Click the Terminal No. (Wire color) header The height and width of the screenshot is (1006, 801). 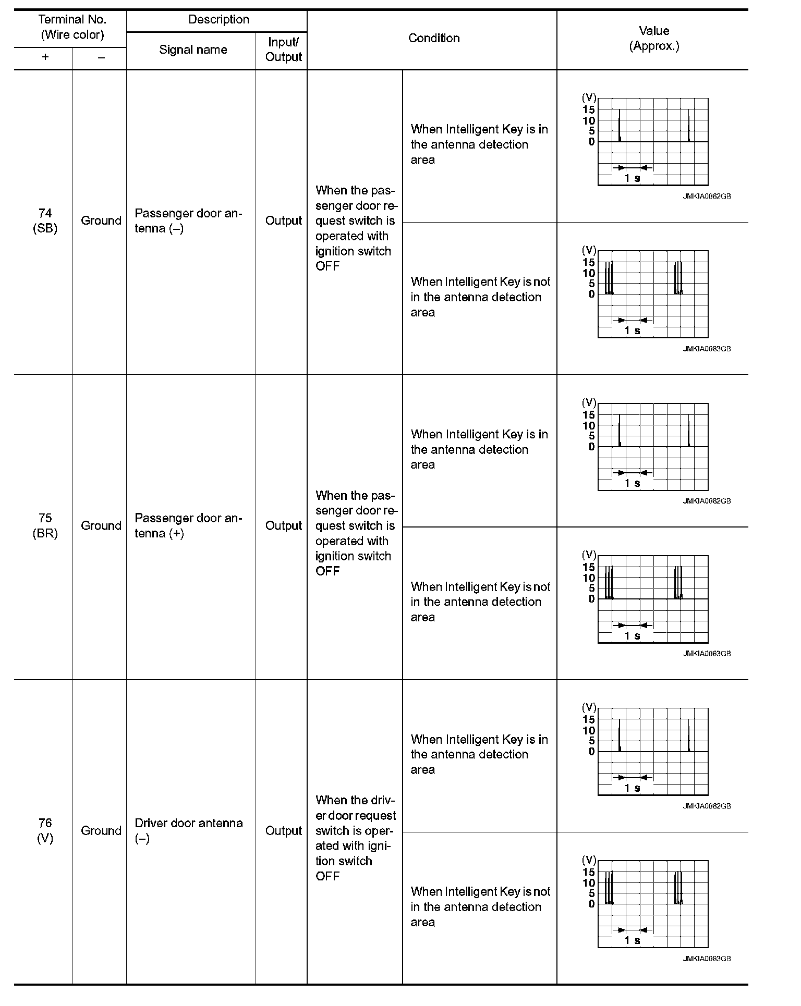tap(72, 27)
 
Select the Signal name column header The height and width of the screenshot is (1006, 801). tap(193, 50)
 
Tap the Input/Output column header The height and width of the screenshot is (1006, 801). tap(283, 50)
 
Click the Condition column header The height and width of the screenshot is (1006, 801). tap(433, 38)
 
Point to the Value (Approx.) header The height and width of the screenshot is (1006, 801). tap(654, 38)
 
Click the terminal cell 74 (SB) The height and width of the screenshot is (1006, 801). tap(45, 220)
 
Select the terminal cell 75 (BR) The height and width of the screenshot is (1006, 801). tap(45, 525)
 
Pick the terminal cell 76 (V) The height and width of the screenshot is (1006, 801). tap(45, 830)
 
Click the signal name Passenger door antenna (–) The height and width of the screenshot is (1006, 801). tap(188, 220)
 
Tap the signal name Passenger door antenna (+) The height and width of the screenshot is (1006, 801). tap(188, 525)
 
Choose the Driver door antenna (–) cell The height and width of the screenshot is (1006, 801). tap(188, 830)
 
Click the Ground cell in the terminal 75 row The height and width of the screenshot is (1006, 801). tap(101, 525)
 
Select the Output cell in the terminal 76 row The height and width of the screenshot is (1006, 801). tap(283, 830)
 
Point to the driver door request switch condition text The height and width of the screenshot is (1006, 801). tap(355, 838)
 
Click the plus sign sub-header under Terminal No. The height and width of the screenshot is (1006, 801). tap(45, 57)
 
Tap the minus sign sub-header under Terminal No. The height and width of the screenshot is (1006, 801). tap(101, 57)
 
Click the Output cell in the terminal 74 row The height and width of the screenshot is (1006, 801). tap(283, 220)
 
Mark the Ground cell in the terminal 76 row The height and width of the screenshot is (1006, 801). tap(101, 830)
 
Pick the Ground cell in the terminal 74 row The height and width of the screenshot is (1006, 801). tap(101, 220)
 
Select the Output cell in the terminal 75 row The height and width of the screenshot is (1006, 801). tap(283, 525)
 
